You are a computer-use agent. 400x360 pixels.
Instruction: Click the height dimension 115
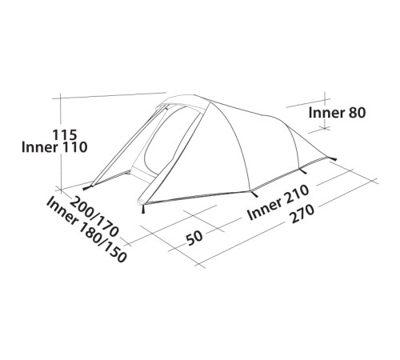[x=65, y=135]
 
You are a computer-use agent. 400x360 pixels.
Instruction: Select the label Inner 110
[x=54, y=147]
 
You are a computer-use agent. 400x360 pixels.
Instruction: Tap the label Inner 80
[x=337, y=113]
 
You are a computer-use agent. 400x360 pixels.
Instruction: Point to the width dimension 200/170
[x=94, y=217]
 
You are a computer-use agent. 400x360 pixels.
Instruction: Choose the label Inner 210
[x=278, y=202]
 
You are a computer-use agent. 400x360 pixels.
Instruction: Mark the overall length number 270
[x=302, y=214]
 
